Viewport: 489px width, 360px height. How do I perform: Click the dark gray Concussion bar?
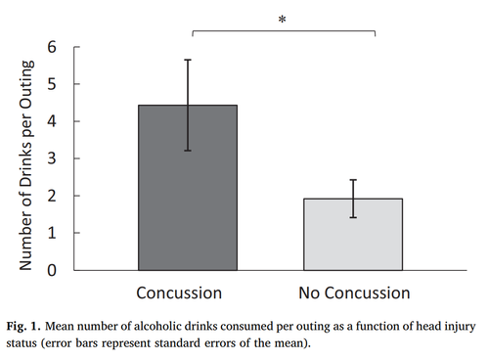(x=187, y=196)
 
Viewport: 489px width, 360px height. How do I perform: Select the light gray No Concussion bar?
(x=354, y=235)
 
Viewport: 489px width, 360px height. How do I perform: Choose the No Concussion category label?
(x=354, y=292)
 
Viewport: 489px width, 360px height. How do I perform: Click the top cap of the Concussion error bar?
(x=187, y=60)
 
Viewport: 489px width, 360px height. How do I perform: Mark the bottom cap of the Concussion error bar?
(x=187, y=151)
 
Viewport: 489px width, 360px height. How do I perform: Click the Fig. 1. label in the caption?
(x=27, y=325)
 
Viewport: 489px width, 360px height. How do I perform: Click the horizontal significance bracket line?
(x=283, y=31)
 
